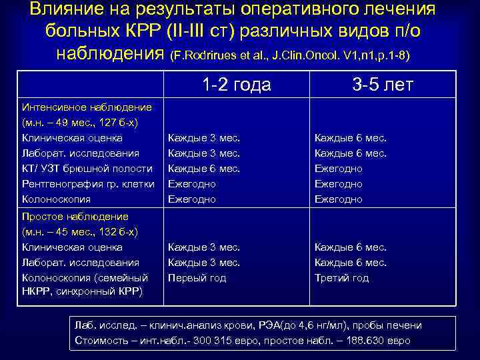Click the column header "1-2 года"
(236, 85)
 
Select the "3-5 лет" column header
(383, 85)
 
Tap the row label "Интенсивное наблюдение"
(87, 107)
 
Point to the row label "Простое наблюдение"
(75, 217)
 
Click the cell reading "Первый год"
(197, 278)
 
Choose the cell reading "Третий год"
(341, 278)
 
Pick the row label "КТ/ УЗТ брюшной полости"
(87, 169)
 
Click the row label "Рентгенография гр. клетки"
(88, 184)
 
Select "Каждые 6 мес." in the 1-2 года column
(204, 169)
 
